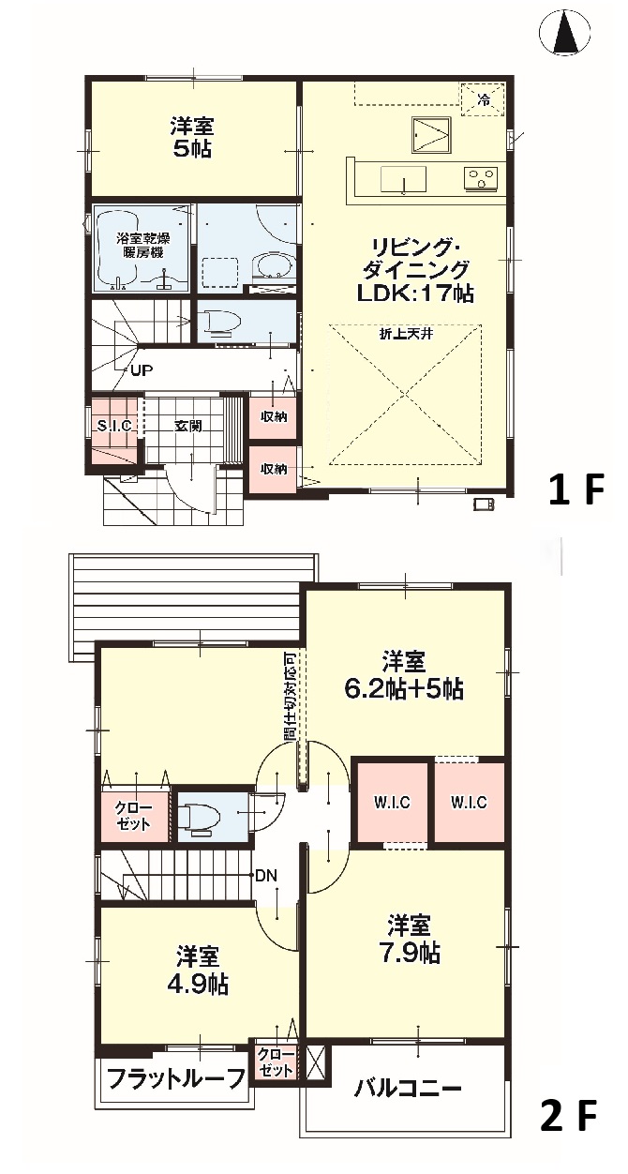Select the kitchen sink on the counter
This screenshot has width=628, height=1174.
click(403, 180)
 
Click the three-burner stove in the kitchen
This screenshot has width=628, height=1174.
click(481, 178)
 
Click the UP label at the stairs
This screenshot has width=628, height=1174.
click(142, 371)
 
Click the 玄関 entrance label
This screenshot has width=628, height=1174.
click(188, 426)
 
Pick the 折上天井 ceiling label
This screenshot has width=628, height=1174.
click(406, 334)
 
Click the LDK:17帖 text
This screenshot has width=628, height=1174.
click(415, 294)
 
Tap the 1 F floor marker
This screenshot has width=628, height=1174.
click(576, 490)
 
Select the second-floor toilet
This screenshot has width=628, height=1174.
click(199, 818)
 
